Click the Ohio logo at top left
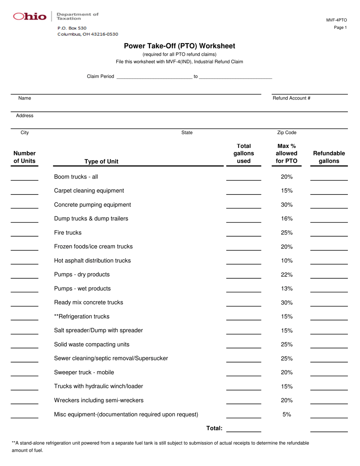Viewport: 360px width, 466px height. (30, 16)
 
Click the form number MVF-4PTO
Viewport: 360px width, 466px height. (337, 20)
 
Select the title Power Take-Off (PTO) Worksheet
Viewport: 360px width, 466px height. (180, 46)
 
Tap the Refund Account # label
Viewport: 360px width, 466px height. (291, 98)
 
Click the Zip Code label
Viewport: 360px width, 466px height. (287, 133)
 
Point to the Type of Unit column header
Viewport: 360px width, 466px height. (101, 162)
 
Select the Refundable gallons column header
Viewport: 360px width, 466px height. (329, 157)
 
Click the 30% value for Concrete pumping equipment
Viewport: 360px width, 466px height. (287, 205)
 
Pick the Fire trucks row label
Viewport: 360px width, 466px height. (68, 232)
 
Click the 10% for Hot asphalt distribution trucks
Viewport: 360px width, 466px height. (287, 260)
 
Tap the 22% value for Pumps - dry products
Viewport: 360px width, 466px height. (287, 275)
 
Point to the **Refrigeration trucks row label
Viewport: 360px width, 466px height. (82, 316)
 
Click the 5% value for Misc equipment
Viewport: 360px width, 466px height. (287, 414)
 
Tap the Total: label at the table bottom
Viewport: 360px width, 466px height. (214, 428)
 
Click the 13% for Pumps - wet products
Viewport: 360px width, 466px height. (287, 289)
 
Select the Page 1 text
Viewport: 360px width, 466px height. (340, 28)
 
